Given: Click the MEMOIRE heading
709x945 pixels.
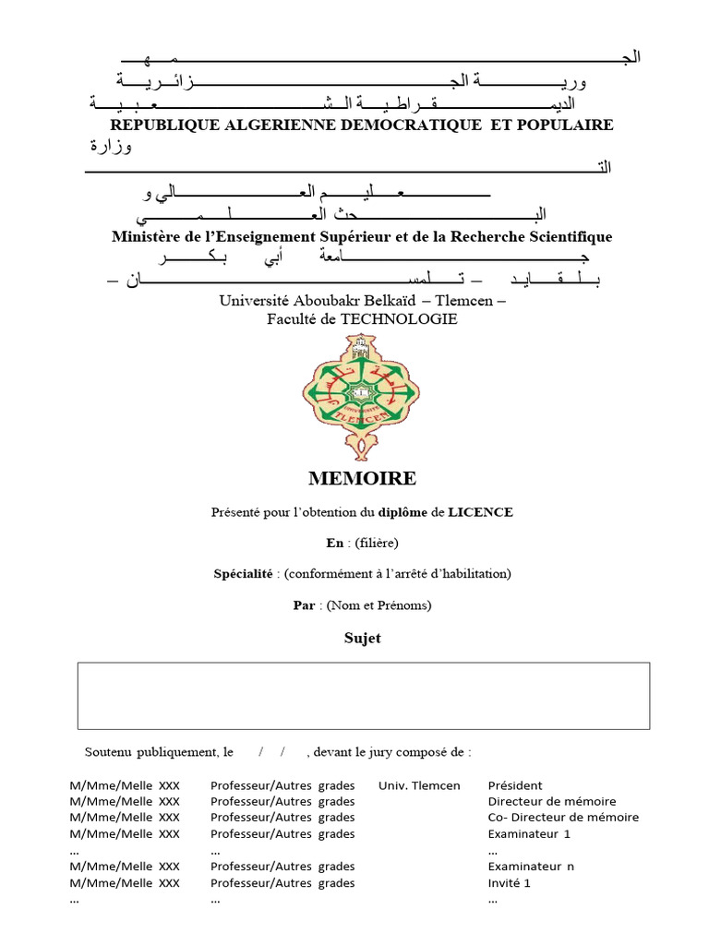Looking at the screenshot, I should point(362,478).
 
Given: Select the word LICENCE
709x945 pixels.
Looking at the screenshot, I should point(480,511).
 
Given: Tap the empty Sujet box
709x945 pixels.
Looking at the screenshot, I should point(364,695).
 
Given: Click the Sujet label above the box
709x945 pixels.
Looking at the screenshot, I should point(362,639).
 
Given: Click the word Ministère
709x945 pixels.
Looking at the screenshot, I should point(146,237).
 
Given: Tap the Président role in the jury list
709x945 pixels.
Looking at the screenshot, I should point(515,785).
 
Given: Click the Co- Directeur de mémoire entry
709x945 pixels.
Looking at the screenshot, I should point(563,817).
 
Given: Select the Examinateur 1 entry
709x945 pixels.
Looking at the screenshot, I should point(529,833).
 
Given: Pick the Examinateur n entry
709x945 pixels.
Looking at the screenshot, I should point(531,867).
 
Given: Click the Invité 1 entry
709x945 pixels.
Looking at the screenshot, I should point(510,882).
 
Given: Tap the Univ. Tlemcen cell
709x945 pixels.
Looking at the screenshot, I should point(419,785).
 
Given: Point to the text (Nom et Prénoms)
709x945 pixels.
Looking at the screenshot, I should point(375,605).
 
